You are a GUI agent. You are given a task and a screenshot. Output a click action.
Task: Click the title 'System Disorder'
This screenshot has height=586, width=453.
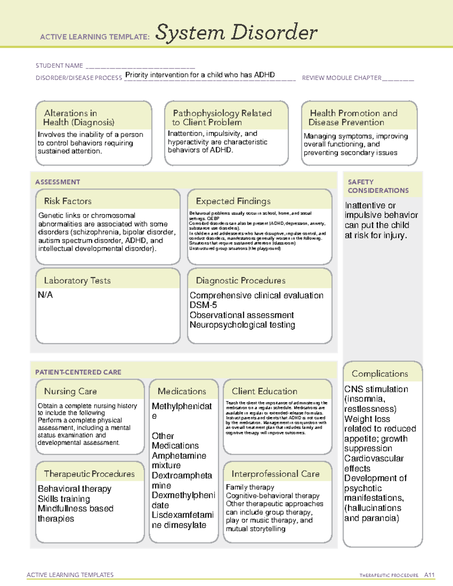(x=236, y=32)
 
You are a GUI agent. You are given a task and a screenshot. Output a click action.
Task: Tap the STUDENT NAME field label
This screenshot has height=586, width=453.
(x=59, y=66)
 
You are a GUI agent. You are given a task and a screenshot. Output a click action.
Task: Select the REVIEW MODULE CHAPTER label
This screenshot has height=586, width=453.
(x=342, y=78)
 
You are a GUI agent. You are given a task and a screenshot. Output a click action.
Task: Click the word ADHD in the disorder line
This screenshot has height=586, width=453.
(x=264, y=75)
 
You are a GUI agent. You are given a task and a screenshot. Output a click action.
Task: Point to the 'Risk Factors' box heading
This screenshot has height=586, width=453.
(x=68, y=201)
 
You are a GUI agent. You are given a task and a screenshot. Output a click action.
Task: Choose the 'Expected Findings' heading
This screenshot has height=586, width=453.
(x=233, y=201)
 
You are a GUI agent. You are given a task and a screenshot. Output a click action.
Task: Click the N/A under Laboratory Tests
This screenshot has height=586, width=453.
(x=45, y=295)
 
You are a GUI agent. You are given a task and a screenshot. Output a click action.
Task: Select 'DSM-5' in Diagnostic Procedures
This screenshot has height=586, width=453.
(x=203, y=305)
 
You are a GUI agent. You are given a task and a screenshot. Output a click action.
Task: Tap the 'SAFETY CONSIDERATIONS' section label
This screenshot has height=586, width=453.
(x=378, y=186)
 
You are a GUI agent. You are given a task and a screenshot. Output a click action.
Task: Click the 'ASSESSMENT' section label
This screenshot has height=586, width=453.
(x=57, y=182)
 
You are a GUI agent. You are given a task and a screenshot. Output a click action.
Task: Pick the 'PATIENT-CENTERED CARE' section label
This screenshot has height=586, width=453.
(x=78, y=372)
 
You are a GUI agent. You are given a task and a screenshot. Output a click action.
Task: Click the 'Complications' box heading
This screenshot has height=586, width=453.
(x=380, y=374)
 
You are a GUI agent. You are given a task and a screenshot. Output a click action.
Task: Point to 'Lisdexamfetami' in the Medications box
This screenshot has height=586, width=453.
(x=183, y=515)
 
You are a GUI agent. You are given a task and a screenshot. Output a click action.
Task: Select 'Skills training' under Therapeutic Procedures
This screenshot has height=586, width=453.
(x=64, y=499)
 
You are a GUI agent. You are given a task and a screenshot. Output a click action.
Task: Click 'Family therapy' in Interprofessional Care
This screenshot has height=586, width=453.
(x=250, y=487)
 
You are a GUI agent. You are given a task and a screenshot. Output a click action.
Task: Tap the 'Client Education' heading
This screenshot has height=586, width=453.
(x=264, y=391)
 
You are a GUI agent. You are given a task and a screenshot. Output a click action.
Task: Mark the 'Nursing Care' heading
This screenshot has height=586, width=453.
(x=70, y=391)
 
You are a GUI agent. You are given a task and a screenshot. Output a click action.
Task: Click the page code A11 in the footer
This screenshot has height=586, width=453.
(x=429, y=575)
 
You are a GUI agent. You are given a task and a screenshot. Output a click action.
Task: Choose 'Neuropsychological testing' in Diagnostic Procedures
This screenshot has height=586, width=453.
(x=242, y=325)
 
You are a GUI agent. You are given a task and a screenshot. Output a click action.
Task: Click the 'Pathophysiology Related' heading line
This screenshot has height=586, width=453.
(x=222, y=113)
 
